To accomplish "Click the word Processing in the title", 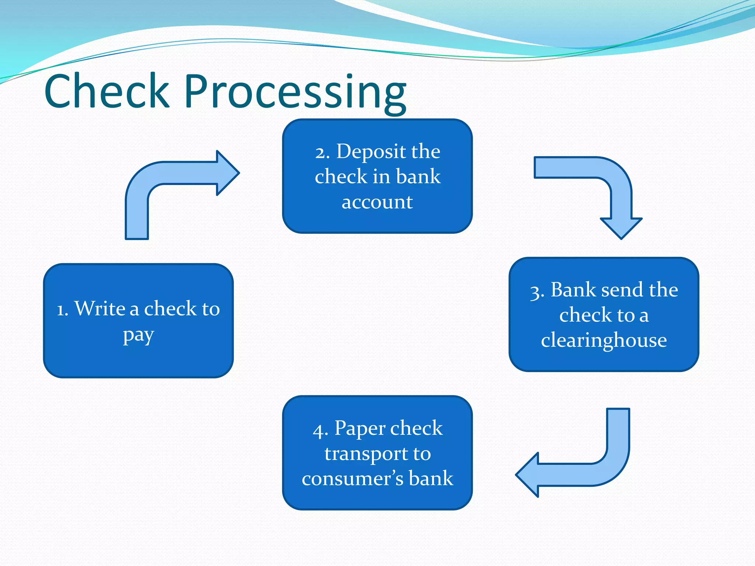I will tap(295, 92).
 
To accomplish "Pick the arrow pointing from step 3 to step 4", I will tap(590, 464).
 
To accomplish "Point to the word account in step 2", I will tap(377, 202).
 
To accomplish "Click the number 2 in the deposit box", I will tap(321, 153).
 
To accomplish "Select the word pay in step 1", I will tap(138, 335).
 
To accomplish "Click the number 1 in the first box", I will tap(62, 310).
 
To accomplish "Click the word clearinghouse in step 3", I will tap(604, 340).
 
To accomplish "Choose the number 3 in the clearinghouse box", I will tap(536, 291).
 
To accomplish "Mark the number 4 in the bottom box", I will tap(319, 430).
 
